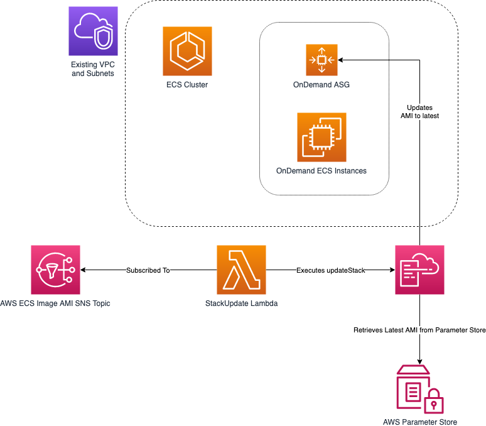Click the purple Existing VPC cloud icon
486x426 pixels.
[x=94, y=31]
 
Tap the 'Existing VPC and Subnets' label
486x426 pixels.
[x=94, y=69]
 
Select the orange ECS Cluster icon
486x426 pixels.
[x=187, y=51]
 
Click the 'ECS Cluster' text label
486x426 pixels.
[x=187, y=85]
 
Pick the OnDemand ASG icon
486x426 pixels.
[x=321, y=60]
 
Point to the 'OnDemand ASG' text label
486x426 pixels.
[x=321, y=85]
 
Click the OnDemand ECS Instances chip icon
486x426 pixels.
[x=321, y=137]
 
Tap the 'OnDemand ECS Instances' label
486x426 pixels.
[x=321, y=171]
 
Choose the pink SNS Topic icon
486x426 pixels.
[x=55, y=270]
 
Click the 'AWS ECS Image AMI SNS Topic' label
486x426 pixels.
[x=56, y=303]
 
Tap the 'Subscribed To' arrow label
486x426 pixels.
[x=148, y=270]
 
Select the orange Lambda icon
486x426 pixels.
[x=242, y=270]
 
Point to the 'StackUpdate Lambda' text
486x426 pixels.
[x=242, y=303]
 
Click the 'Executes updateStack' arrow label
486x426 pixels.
[x=330, y=270]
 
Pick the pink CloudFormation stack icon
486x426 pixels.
[x=419, y=270]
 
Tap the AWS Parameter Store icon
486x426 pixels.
[x=419, y=388]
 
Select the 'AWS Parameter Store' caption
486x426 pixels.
[x=419, y=422]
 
